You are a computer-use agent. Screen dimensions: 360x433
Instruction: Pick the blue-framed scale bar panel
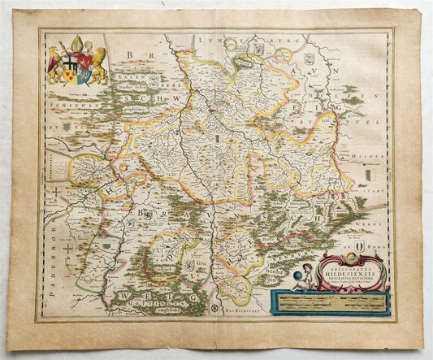(x=332, y=301)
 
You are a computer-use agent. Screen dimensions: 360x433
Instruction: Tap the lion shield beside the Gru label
(x=188, y=263)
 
